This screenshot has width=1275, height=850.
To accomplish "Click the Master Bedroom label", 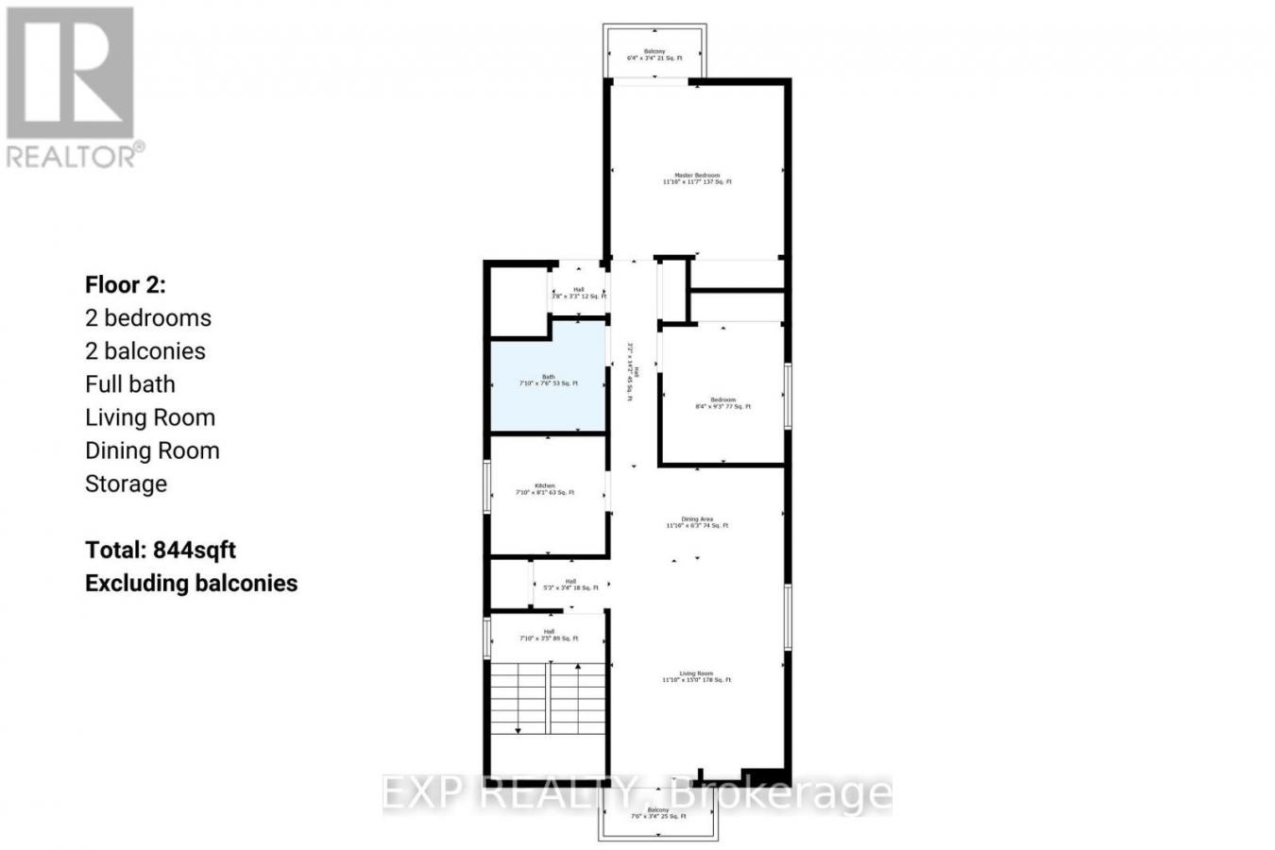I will point(697,178).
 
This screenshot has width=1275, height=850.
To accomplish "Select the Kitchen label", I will point(545,489).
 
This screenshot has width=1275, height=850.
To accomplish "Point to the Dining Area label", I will point(697,522).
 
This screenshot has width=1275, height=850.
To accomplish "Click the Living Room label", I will point(697,676).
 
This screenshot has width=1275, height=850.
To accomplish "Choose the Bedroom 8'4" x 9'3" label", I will point(722,403).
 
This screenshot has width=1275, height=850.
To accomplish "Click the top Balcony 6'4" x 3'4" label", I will point(654,55).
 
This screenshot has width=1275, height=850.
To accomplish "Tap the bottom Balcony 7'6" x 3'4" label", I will point(657,813).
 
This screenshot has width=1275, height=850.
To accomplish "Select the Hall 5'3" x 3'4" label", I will point(570,585).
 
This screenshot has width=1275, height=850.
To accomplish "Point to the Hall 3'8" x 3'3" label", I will point(578,293).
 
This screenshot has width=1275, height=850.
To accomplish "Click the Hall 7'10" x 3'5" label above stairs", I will point(549,635).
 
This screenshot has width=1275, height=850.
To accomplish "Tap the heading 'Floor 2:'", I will point(126,284).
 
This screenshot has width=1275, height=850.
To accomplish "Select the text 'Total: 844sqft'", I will point(161,550).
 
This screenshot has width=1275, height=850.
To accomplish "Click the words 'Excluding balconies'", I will point(191,583).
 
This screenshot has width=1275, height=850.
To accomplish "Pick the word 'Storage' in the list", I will point(126,484).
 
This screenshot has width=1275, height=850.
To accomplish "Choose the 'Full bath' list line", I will point(130,384).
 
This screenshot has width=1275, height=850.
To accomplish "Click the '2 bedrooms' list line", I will point(148,318).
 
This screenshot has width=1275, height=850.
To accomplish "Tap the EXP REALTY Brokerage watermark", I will point(637,793).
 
